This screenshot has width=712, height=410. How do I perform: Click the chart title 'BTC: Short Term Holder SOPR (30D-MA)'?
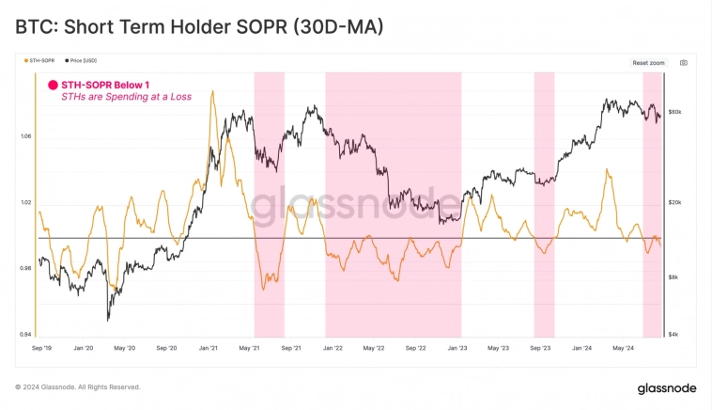click(x=199, y=27)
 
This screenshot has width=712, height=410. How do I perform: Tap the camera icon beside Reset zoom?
click(x=683, y=62)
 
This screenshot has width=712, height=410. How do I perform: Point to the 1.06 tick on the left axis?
click(x=24, y=136)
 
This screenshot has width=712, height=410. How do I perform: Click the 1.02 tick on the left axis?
click(x=24, y=202)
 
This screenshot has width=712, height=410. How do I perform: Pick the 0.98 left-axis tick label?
click(x=24, y=268)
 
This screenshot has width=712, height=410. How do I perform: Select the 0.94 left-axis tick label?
click(x=24, y=334)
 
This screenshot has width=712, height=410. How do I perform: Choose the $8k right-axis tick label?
click(x=675, y=277)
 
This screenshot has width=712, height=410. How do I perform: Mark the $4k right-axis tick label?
click(x=675, y=334)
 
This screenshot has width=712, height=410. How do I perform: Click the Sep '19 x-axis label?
click(x=41, y=348)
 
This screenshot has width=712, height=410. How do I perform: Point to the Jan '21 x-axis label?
click(x=209, y=348)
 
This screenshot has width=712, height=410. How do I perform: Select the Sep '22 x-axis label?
click(x=415, y=348)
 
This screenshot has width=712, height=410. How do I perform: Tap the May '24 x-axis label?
click(x=624, y=348)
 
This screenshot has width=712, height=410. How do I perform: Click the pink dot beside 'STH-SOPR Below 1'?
click(x=53, y=85)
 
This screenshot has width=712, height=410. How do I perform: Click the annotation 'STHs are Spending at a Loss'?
click(x=116, y=97)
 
